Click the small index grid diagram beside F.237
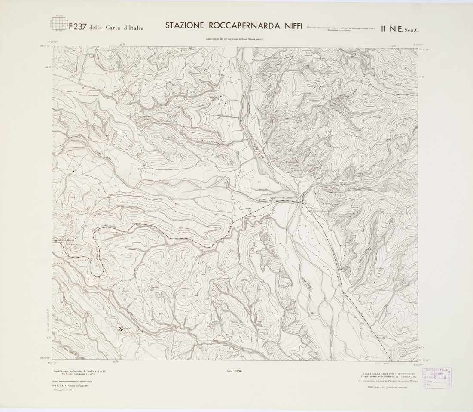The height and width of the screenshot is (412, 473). click(58, 24)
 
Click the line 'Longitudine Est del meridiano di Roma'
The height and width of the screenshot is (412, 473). click(234, 40)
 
